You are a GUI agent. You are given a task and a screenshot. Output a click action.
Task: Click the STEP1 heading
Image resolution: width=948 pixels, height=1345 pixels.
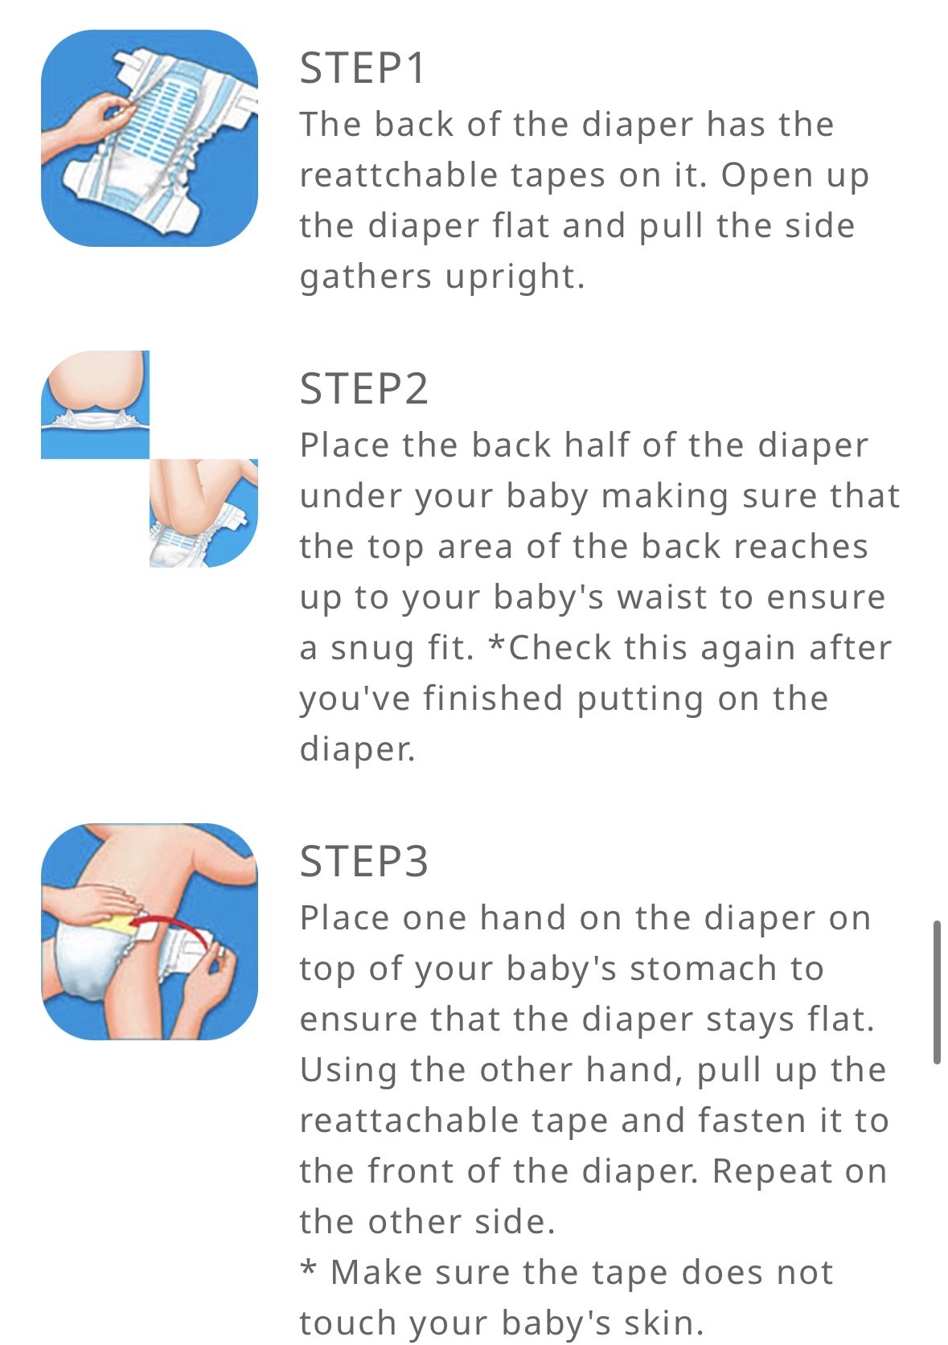(362, 68)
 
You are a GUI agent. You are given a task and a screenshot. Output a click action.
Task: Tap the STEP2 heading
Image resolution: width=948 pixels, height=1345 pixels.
(363, 388)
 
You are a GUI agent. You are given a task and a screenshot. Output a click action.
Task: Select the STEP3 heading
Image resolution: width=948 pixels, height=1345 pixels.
(363, 861)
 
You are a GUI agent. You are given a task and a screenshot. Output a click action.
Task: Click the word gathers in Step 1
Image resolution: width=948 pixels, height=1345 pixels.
(365, 278)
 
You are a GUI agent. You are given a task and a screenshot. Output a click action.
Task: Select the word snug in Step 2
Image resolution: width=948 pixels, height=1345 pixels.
(372, 650)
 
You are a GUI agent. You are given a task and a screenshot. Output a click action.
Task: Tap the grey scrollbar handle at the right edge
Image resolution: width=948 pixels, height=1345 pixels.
(937, 992)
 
